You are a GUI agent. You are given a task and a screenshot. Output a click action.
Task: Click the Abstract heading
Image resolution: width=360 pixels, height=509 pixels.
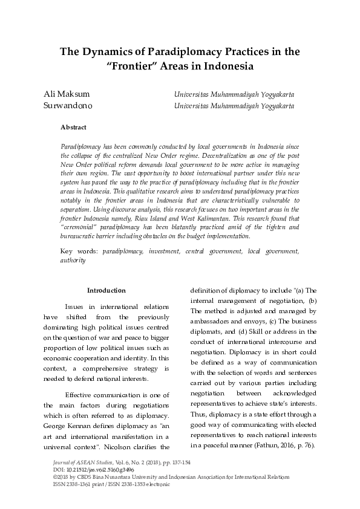point(73,127)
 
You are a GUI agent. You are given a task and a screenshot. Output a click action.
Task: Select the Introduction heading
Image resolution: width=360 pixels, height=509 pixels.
point(106,291)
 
